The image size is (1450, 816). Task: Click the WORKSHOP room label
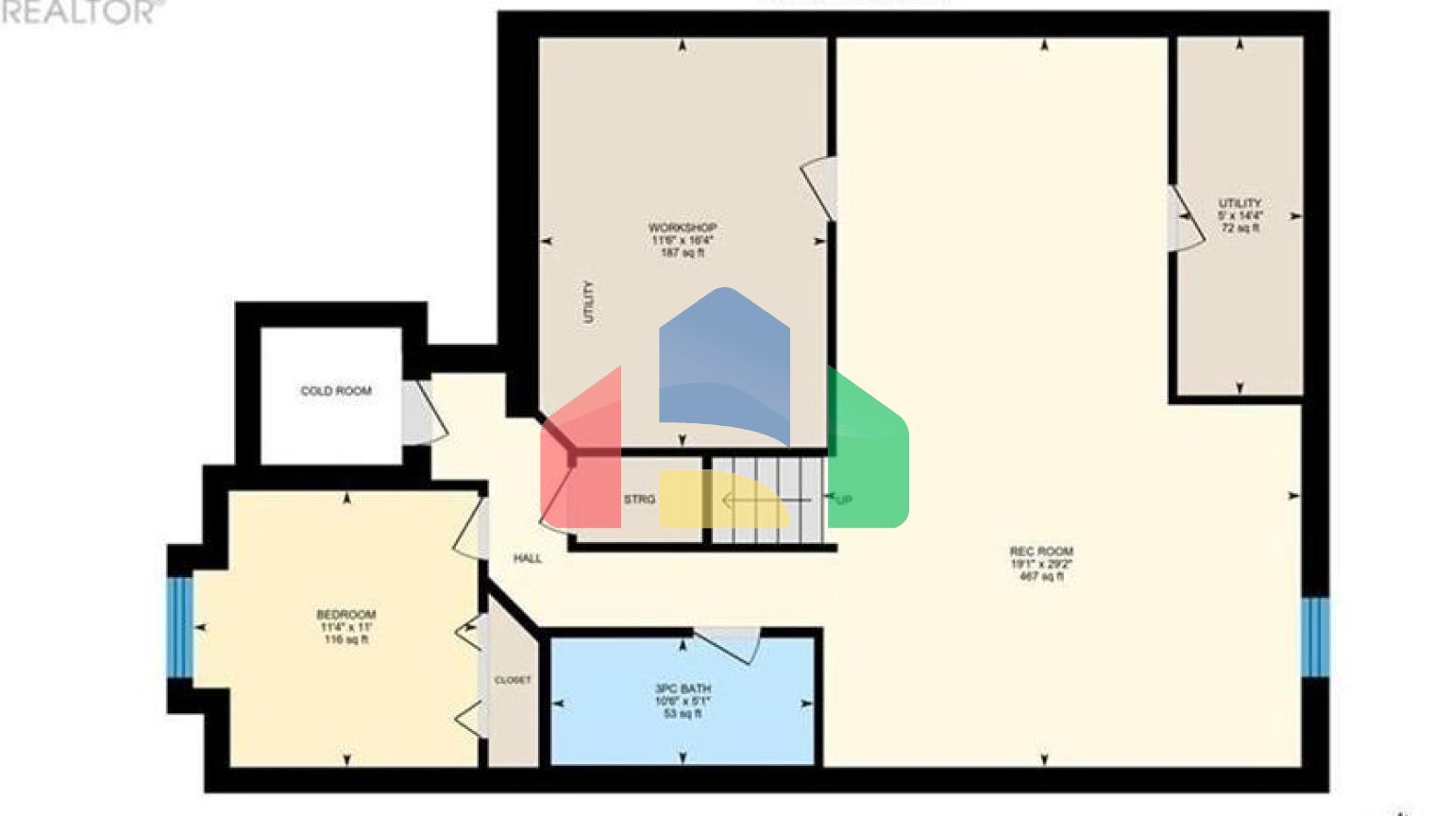pos(682,229)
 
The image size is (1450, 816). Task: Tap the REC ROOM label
pos(1041,552)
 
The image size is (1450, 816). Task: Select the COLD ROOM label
pos(335,391)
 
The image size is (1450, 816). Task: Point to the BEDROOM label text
pos(346,615)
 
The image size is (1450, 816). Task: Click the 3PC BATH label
pos(683,689)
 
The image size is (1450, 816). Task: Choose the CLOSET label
pos(513,680)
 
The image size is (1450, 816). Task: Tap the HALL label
pos(527,558)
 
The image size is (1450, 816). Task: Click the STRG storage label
pos(638,500)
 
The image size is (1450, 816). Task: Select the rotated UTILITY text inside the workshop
pos(589,302)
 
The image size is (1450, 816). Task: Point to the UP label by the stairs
pos(843,500)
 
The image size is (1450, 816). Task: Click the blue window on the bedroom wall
pos(179,627)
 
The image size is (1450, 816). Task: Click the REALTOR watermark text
pos(79,11)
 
